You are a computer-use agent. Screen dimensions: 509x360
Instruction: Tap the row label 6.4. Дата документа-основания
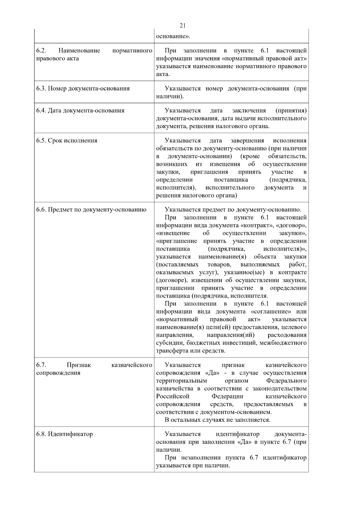tap(80, 111)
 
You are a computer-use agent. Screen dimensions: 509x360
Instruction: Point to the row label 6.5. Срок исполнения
tap(67, 141)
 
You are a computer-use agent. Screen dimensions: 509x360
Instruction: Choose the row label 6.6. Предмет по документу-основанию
tap(91, 210)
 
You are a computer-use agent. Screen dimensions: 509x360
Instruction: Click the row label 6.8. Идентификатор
tap(65, 434)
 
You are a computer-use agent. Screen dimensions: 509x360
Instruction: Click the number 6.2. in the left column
tap(41, 50)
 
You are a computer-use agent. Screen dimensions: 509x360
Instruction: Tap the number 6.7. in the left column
tap(41, 365)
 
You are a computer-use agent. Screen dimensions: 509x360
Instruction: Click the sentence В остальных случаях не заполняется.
tap(217, 420)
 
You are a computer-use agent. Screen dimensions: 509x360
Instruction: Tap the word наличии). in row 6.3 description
tap(170, 96)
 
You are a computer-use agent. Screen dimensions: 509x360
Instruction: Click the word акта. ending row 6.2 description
tap(163, 74)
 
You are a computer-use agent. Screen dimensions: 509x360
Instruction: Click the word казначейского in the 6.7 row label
tap(132, 365)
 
